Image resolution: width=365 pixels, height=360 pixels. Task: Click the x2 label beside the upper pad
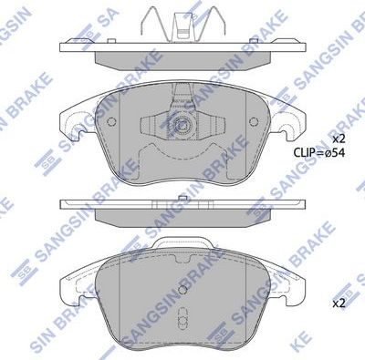pos(339,138)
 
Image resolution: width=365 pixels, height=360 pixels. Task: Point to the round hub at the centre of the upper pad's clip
pos(182,126)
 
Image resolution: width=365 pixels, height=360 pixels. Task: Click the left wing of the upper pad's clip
pos(152,126)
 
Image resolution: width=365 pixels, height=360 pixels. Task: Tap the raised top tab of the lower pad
pos(182,243)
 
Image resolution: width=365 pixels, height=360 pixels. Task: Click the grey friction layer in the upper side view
pos(182,58)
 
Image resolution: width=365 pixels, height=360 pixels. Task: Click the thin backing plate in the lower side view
pos(182,204)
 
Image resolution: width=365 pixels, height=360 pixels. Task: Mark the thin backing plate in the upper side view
pos(182,46)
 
